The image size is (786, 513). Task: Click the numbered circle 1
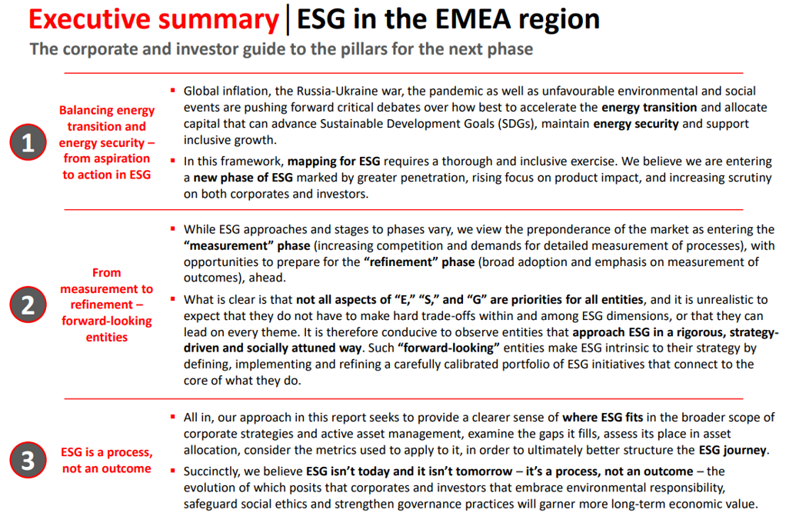[28, 142]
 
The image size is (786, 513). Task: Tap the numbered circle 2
[28, 305]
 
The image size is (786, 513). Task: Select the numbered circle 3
[28, 460]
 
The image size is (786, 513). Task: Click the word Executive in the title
[89, 19]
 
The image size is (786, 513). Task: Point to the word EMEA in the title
[472, 19]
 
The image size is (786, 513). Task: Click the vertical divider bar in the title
[288, 19]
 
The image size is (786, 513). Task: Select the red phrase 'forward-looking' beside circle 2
[107, 321]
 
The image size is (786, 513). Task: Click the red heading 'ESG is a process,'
[107, 452]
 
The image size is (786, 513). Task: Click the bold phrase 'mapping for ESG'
[333, 162]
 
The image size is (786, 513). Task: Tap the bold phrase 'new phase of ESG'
[243, 178]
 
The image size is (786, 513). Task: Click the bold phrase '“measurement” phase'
[247, 245]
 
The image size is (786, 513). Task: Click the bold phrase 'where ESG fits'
[602, 417]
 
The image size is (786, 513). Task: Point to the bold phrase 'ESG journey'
[732, 450]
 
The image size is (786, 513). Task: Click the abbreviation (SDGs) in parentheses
[517, 124]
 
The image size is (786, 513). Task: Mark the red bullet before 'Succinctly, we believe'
[172, 471]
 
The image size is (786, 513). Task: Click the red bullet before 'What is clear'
[172, 299]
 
